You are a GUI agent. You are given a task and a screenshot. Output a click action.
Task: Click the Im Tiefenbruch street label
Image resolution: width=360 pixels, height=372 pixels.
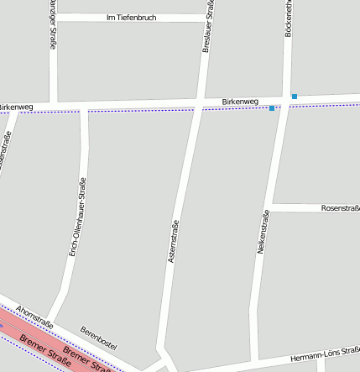click(132, 18)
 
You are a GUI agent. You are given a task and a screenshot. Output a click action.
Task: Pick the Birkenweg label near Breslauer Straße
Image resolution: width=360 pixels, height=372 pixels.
click(240, 102)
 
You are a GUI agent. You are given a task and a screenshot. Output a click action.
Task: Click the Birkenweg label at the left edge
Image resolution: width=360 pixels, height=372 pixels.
click(16, 107)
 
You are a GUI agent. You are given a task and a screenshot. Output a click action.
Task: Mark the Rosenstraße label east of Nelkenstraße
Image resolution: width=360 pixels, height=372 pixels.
click(340, 207)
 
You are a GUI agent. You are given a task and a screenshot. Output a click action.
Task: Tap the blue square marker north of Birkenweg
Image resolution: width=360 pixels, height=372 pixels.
click(295, 96)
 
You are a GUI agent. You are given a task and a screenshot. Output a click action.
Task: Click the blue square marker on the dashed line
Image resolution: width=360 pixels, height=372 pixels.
click(272, 108)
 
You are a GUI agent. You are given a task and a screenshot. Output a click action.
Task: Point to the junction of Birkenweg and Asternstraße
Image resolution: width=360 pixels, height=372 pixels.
click(198, 104)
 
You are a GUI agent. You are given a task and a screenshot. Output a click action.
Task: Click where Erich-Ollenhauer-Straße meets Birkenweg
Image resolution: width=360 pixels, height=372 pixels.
click(83, 107)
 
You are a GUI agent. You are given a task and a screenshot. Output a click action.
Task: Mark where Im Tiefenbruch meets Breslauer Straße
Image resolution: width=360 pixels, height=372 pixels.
click(206, 17)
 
